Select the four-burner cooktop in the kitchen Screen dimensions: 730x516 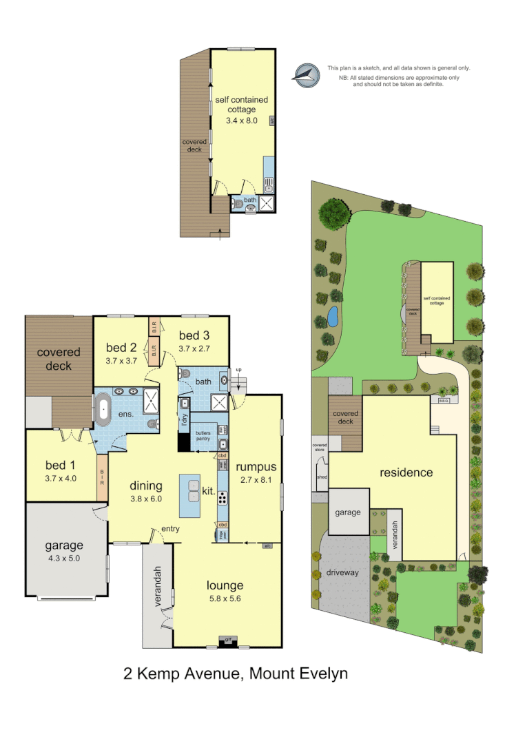(x=223, y=481)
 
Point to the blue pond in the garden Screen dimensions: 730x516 (x=332, y=316)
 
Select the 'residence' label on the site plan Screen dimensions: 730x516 (x=406, y=472)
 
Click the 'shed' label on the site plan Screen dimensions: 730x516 (x=320, y=476)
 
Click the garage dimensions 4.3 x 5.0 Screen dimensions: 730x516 (x=64, y=559)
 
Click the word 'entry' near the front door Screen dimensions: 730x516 (x=170, y=528)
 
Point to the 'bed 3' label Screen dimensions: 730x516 (x=194, y=335)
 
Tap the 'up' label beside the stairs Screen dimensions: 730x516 (x=240, y=371)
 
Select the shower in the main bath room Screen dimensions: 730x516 (x=220, y=403)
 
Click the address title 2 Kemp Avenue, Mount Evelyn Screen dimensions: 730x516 (x=236, y=673)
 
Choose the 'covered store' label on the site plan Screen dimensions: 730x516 (x=320, y=447)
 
